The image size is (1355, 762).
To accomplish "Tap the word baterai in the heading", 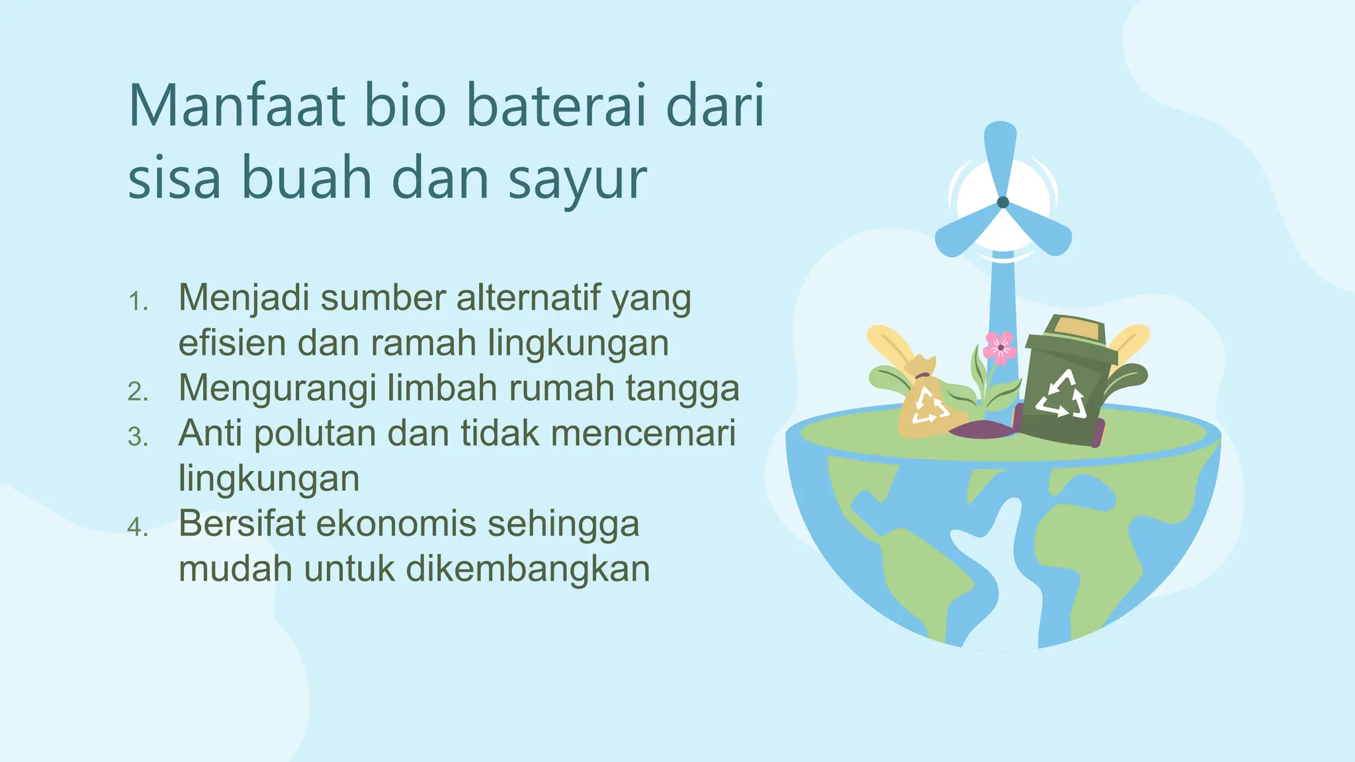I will coord(556,106).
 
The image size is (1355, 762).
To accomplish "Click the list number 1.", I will coord(138,302).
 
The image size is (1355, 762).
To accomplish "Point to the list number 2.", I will coord(138,392).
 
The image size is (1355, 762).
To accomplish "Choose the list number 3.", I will coord(138,437).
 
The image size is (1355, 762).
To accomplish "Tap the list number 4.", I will coord(138,527).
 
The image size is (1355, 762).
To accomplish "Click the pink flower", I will coord(1000,347).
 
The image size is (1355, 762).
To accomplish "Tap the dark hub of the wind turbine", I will coord(1003,202).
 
